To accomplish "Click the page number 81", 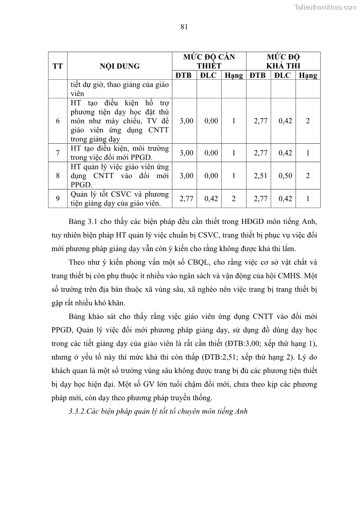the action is [184, 27].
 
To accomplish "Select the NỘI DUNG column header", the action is [120, 66].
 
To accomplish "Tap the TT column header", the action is [58, 66].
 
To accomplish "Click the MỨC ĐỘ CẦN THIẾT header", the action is [209, 61].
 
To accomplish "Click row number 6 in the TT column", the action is [58, 121].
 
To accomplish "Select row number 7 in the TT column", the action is [58, 153].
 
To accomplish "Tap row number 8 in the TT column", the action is [58, 175].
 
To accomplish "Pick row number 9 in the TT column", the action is [58, 199].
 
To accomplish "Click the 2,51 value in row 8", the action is [258, 175].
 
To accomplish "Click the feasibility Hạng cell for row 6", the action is [308, 121].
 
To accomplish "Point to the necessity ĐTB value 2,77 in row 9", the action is [186, 199].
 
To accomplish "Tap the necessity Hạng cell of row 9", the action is [234, 199].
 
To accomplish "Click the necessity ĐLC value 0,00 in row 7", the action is [211, 153].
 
